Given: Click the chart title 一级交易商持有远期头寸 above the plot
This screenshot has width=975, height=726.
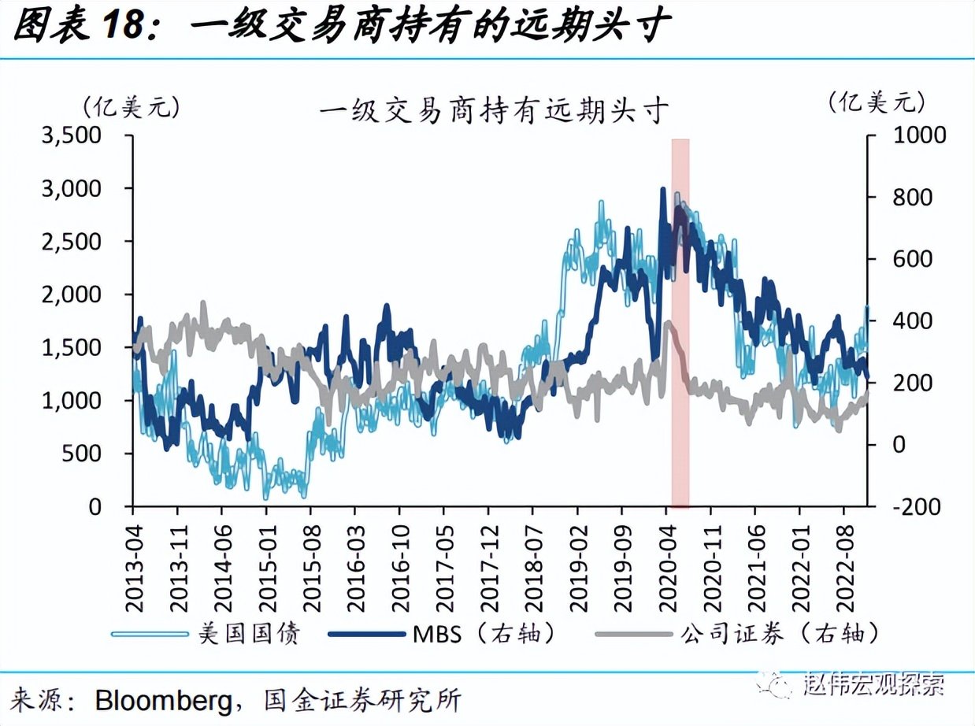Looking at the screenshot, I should click(x=494, y=109).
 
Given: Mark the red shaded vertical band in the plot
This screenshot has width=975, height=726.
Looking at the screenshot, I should click(x=680, y=323).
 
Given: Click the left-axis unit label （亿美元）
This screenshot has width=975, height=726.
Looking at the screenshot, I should click(x=131, y=106).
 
